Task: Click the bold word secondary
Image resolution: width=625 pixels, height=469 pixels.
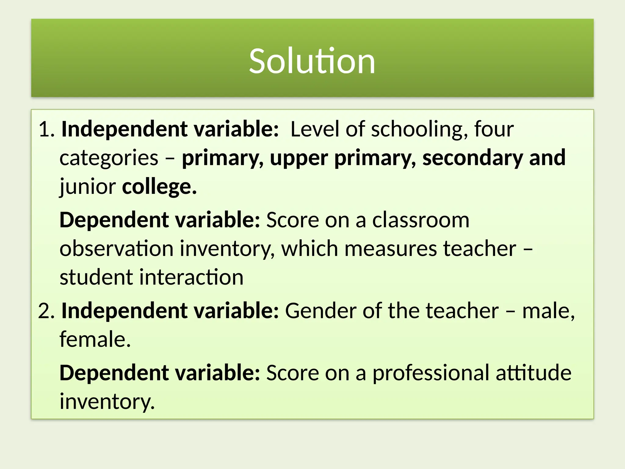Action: (472, 158)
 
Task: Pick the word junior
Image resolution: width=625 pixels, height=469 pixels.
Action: (88, 187)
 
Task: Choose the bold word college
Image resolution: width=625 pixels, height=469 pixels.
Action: (159, 187)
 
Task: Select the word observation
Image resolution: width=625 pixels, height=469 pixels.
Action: (116, 248)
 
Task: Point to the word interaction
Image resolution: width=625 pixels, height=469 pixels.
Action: (191, 277)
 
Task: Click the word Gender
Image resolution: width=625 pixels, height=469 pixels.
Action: (320, 311)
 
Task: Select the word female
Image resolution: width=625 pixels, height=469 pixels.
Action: (95, 339)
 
